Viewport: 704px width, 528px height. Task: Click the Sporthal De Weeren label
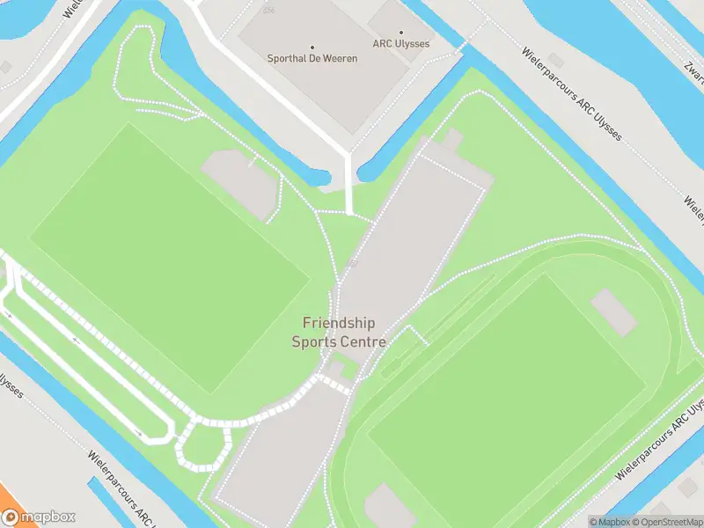pos(312,59)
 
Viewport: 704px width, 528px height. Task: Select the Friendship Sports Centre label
pos(339,332)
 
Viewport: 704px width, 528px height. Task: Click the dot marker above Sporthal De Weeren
pos(312,48)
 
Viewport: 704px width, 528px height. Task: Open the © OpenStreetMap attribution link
pos(664,522)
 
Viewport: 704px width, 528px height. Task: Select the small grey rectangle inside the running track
pos(613,312)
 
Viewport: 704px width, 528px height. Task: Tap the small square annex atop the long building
pos(452,140)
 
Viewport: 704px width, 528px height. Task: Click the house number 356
pos(268,11)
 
